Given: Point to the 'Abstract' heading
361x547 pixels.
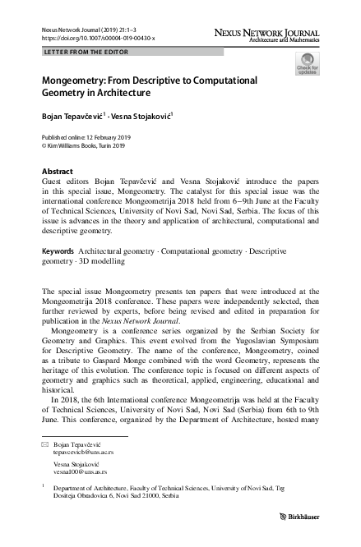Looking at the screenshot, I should (57, 171).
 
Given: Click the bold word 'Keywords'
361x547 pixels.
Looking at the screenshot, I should (58, 250).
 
